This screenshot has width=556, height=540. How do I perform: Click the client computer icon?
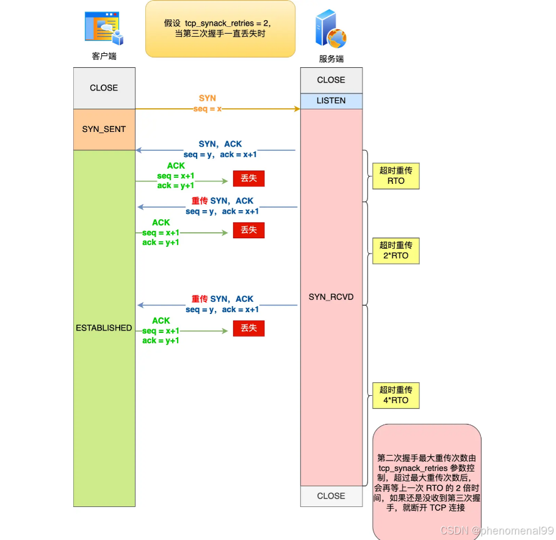pos(104,29)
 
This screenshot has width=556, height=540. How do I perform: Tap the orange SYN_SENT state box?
pos(104,130)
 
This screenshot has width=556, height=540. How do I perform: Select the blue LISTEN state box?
pos(331,101)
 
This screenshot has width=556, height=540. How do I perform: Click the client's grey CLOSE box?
pos(104,88)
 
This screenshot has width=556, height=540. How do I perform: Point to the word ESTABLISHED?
pos(104,328)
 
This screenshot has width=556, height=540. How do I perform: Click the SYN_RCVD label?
pos(331,297)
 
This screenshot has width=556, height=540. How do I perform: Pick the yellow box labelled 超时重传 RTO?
pos(396,176)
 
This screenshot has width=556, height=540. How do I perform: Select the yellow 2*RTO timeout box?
pos(396,250)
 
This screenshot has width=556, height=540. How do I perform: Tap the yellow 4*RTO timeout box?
pos(396,395)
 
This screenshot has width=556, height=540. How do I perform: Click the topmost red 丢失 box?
pos(248,178)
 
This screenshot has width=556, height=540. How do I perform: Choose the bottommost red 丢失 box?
pos(248,329)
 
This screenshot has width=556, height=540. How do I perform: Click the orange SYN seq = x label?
pos(208,103)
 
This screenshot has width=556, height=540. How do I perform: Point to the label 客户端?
pos(104,56)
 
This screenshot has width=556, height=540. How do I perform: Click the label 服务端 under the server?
pos(331,59)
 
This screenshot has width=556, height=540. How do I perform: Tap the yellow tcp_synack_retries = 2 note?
pos(220,28)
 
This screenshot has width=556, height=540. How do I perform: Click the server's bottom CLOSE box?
pos(331,496)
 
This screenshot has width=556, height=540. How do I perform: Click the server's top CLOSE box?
pos(331,80)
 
